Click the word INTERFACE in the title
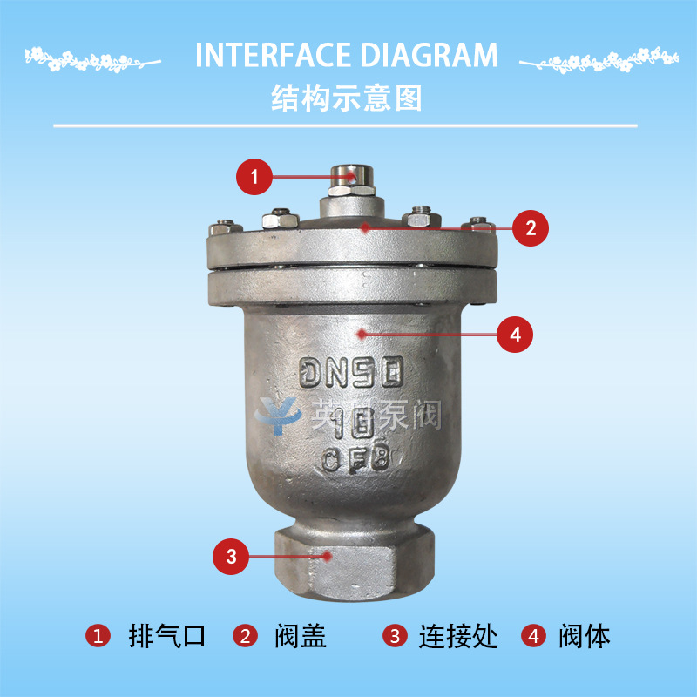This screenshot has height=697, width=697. [261, 55]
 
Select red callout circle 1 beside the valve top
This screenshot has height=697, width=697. [254, 177]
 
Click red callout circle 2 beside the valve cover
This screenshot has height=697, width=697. [531, 228]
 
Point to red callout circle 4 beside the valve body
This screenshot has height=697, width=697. [514, 334]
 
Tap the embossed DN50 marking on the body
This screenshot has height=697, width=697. [352, 374]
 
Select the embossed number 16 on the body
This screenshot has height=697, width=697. [354, 423]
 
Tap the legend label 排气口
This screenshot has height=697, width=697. [166, 636]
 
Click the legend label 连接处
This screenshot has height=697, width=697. [458, 636]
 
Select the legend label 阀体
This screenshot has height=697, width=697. [584, 636]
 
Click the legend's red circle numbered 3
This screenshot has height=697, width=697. [396, 636]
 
